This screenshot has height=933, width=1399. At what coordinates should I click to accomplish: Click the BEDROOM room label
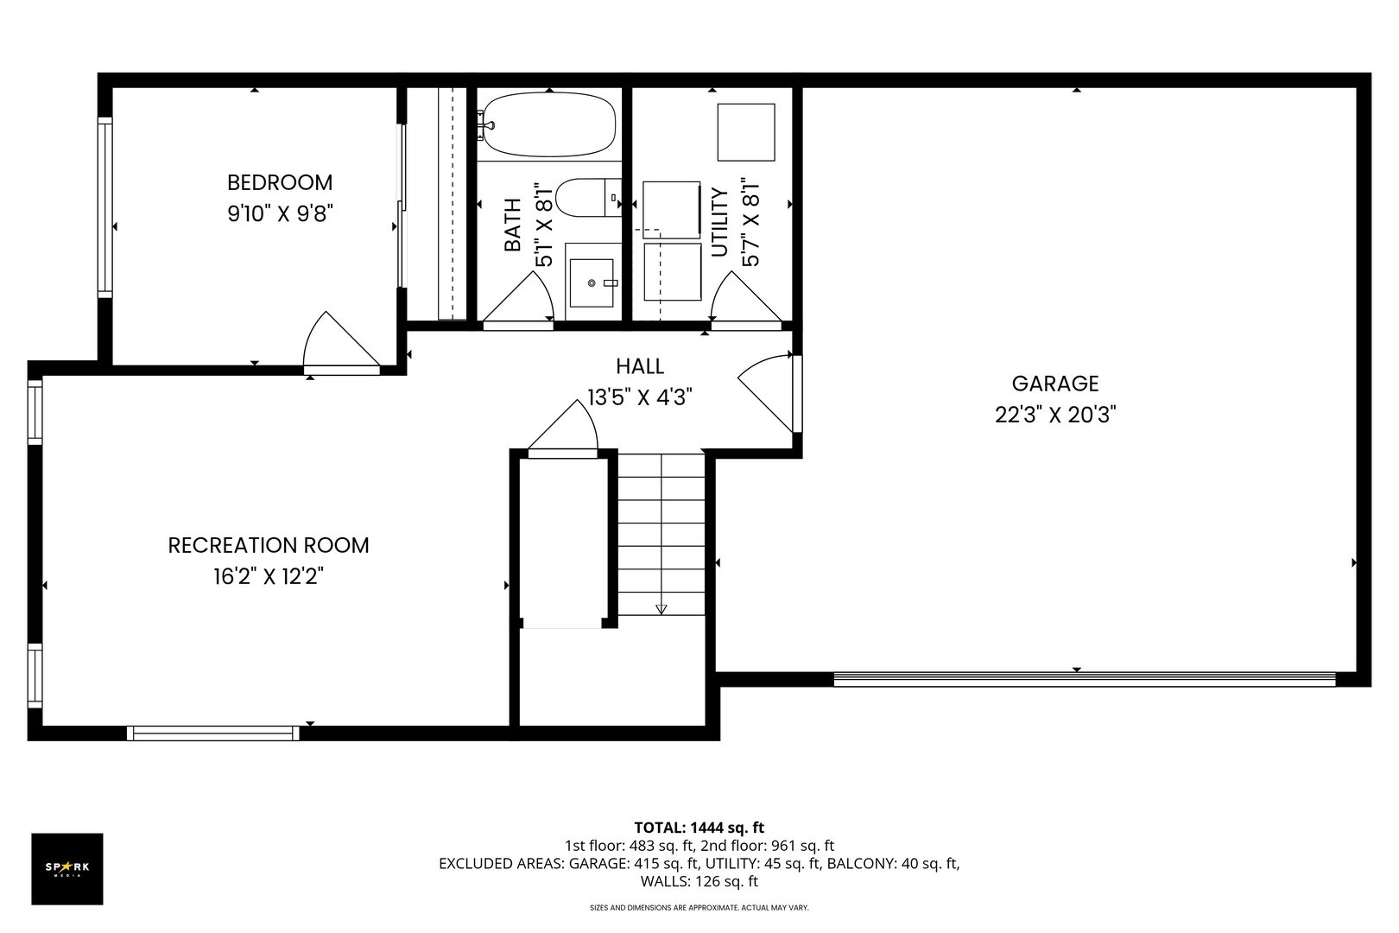point(280,182)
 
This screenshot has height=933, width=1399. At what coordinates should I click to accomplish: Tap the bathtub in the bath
point(549,124)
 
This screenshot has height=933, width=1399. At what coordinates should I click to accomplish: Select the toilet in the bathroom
point(588,198)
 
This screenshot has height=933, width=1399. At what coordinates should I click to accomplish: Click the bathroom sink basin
point(592,283)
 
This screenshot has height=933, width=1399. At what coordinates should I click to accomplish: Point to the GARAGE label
point(1055,383)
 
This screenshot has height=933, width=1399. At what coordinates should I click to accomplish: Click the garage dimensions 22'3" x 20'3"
point(1055,415)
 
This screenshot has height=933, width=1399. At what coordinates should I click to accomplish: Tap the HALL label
point(640,366)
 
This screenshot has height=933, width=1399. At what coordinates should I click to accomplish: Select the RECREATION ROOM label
point(269,546)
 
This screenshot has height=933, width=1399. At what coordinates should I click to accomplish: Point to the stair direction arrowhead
point(662,609)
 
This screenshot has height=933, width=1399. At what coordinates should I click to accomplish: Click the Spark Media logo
point(67,868)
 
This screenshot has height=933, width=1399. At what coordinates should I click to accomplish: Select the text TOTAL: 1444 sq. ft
point(699,828)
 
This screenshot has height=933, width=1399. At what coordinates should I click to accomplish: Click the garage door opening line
point(1085,679)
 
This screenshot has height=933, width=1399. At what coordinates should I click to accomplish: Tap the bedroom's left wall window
point(105,207)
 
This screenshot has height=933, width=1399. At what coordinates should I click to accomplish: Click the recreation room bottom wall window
point(213,733)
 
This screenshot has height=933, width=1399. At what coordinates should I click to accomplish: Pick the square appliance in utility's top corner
point(746,132)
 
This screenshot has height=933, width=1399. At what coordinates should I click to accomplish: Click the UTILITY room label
point(720,223)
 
